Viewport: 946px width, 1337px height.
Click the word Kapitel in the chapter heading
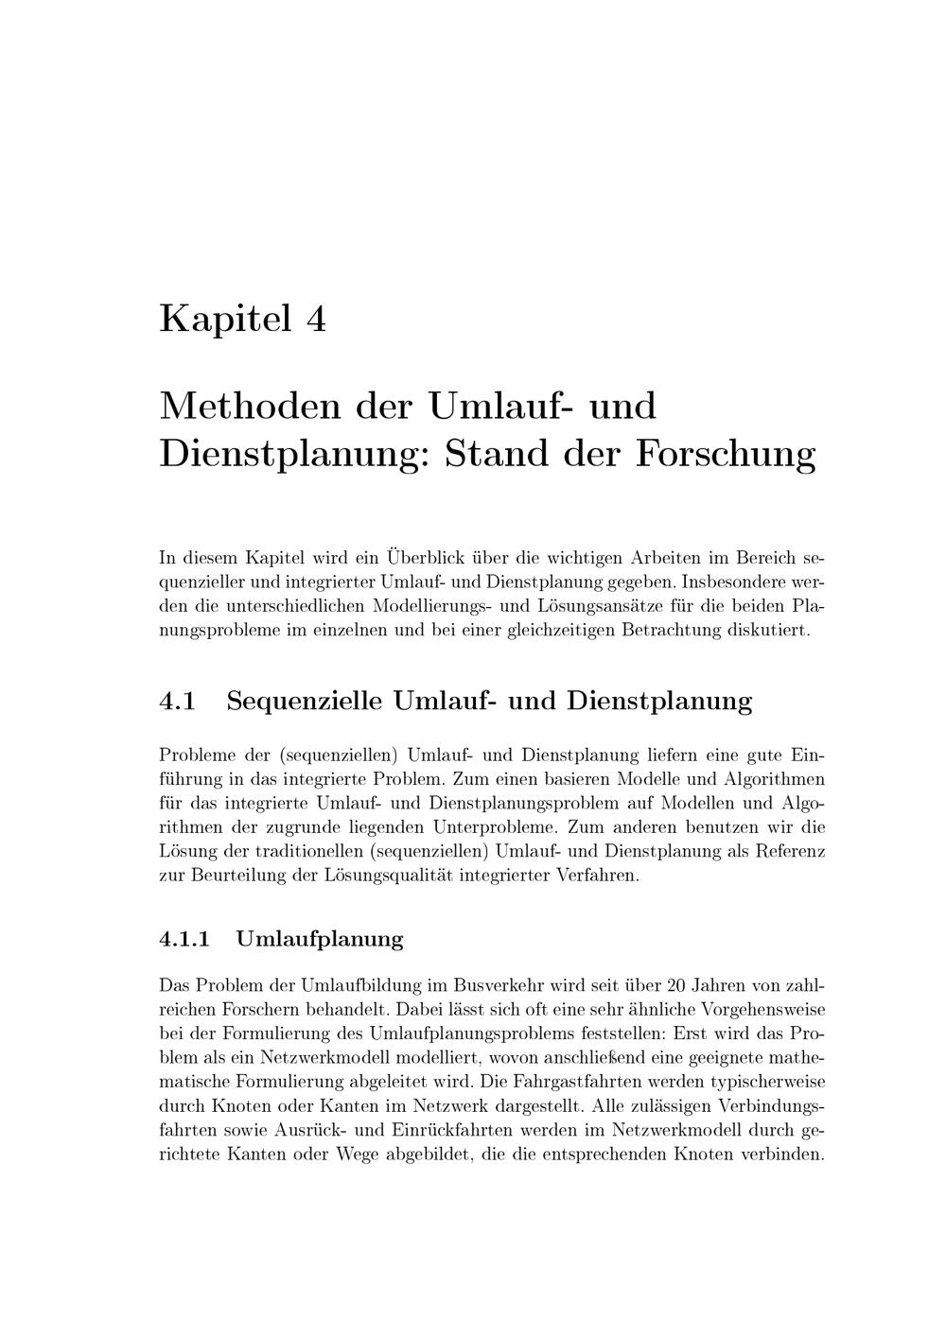pyautogui.click(x=224, y=319)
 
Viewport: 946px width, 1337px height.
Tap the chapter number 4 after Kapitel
pyautogui.click(x=316, y=319)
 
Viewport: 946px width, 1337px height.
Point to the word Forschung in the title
pyautogui.click(x=725, y=454)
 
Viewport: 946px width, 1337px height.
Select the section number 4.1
pyautogui.click(x=177, y=702)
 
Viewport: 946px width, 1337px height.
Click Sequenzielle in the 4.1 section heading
pyautogui.click(x=305, y=702)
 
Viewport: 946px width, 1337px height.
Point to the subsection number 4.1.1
pyautogui.click(x=184, y=939)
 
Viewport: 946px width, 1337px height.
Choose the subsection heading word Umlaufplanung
pyautogui.click(x=320, y=939)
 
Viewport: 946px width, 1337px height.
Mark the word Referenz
pyautogui.click(x=790, y=851)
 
